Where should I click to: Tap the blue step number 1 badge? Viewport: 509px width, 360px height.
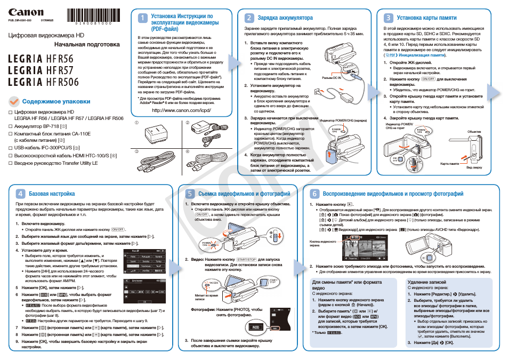point(142,18)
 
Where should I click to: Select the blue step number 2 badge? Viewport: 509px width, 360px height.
point(248,18)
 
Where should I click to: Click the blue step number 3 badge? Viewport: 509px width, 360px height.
point(387,18)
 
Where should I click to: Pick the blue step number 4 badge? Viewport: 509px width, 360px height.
point(20,194)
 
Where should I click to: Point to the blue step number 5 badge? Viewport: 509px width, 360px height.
point(190,194)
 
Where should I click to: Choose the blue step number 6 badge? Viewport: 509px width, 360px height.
point(314,194)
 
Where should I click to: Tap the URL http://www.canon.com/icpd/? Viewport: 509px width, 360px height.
point(182,110)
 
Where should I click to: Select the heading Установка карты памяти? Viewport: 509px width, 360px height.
point(426,18)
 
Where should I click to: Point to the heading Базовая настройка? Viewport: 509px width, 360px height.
point(52,194)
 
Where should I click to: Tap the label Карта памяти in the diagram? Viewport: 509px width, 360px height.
point(449,164)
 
